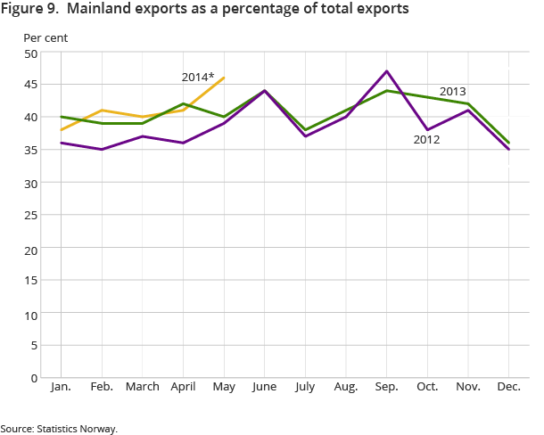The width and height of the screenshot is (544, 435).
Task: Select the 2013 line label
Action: coord(452,92)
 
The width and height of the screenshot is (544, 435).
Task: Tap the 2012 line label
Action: coord(426,140)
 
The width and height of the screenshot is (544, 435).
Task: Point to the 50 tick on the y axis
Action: coord(30,53)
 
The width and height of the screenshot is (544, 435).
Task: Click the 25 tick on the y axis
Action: coord(30,216)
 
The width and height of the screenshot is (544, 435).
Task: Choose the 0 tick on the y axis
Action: coord(34,378)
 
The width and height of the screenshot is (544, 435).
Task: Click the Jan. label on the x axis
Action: coord(60,387)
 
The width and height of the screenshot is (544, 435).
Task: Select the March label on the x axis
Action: coord(142,387)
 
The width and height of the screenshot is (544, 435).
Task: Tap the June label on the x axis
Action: coord(265,387)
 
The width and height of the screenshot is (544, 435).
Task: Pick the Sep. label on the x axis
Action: coord(386,387)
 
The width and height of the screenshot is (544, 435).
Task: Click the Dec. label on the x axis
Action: coord(508,387)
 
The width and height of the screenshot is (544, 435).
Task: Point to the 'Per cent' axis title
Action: coord(45,38)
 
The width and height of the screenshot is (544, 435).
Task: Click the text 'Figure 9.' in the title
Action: coord(32,10)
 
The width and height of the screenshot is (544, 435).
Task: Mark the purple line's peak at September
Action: coord(386,71)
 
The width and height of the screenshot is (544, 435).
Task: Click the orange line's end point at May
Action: coord(224,78)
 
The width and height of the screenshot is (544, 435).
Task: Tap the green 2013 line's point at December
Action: coord(508,143)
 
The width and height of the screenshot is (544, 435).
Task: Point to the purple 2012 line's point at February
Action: coord(101,149)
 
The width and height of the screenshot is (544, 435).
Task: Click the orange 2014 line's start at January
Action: coord(60,130)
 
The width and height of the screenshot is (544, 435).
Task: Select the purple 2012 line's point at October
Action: coord(427,130)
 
